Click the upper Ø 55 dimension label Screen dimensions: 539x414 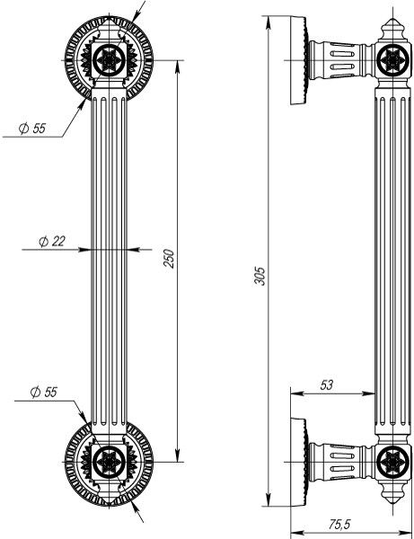pyautogui.click(x=32, y=128)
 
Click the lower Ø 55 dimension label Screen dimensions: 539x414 pyautogui.click(x=43, y=392)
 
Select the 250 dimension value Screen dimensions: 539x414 pyautogui.click(x=168, y=259)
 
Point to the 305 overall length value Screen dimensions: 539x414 pyautogui.click(x=260, y=275)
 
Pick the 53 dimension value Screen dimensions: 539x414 pyautogui.click(x=326, y=384)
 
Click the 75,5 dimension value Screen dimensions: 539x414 pyautogui.click(x=339, y=523)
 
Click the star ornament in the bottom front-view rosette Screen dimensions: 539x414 pyautogui.click(x=108, y=462)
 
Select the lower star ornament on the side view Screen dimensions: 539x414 pyautogui.click(x=392, y=462)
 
